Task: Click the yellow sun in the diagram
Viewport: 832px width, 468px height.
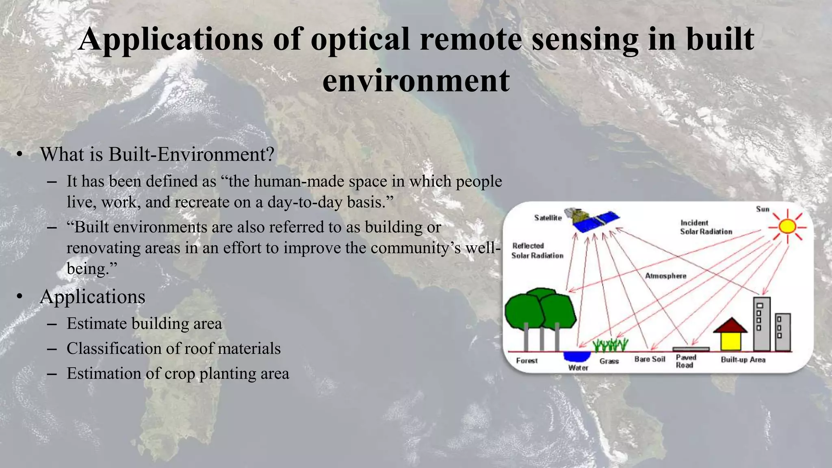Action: [787, 226]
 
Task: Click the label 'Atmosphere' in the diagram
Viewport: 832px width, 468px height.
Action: [665, 276]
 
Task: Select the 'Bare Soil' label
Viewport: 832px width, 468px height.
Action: [650, 359]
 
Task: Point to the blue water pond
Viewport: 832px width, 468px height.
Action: [577, 356]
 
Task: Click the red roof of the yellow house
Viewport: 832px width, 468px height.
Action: [730, 326]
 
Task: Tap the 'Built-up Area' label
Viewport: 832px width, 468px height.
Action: [743, 360]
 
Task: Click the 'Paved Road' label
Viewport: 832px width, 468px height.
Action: [686, 361]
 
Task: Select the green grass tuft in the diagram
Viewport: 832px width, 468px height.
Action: [610, 345]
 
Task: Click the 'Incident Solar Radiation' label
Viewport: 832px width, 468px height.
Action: [706, 227]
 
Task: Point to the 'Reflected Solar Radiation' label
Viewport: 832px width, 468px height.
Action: [537, 251]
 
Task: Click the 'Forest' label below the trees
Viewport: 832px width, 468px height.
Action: [526, 360]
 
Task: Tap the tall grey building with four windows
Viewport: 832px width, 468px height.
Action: [761, 324]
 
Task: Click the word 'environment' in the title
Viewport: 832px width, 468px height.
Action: [416, 80]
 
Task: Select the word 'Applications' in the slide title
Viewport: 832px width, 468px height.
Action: [171, 39]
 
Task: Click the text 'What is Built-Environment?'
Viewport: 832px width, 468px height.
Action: [157, 154]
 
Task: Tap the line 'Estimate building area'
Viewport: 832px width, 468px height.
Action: [144, 324]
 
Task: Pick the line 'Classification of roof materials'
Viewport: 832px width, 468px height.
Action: [173, 349]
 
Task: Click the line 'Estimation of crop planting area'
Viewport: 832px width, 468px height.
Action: [178, 373]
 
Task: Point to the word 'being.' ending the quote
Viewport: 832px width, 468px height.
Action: [91, 269]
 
